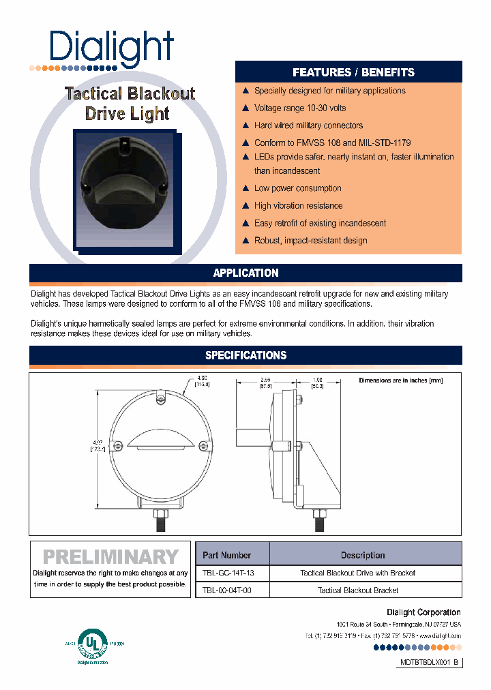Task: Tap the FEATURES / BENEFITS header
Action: (353, 72)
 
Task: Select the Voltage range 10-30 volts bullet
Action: (299, 108)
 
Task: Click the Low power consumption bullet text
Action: (297, 188)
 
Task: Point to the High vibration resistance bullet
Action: (298, 205)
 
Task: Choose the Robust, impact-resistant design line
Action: (310, 241)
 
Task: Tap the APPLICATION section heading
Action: (245, 273)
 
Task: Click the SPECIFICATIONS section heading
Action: (245, 355)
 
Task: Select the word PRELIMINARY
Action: (110, 557)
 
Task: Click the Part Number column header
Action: (227, 555)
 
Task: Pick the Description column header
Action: (363, 555)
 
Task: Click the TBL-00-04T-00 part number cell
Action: (227, 590)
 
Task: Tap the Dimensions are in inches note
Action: (400, 380)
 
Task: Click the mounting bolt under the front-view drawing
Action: (160, 521)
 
